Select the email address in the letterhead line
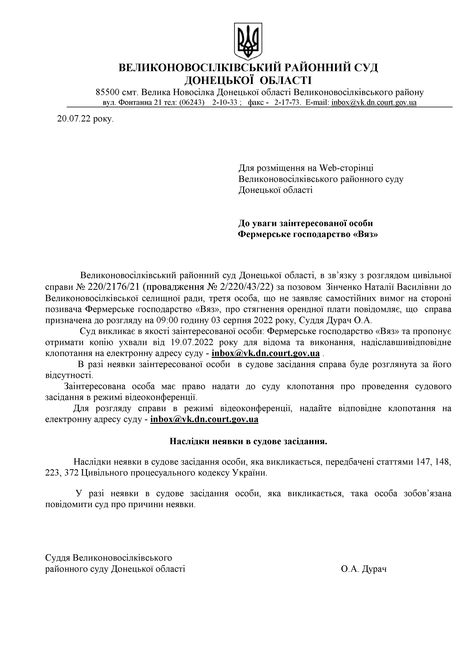tap(374, 103)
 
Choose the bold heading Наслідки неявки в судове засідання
tap(248, 441)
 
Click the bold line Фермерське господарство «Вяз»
tap(308, 234)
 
